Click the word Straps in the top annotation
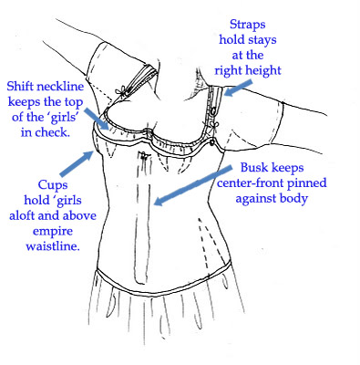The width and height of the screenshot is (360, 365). (x=247, y=25)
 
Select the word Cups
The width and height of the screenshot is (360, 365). (x=53, y=185)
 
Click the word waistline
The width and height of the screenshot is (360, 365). (x=53, y=246)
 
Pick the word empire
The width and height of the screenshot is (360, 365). (x=53, y=232)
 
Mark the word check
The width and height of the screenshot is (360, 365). (x=52, y=132)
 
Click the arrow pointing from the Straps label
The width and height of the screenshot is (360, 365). (x=238, y=89)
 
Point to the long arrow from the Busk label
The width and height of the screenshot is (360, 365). (x=193, y=185)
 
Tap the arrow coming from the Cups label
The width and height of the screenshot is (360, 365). (x=77, y=163)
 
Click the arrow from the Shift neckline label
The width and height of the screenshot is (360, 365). (x=96, y=120)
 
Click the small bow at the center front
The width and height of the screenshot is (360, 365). (x=145, y=156)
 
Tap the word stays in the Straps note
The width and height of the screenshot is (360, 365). (x=262, y=40)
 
